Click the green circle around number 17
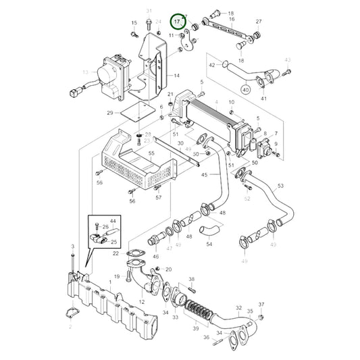178,22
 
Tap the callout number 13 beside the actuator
85,71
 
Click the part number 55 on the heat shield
152,155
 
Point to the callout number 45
205,175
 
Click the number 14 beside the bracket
176,76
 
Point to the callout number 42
211,65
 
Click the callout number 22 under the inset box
115,253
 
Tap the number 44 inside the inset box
113,221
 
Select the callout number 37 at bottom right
261,305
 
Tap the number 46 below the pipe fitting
156,257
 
